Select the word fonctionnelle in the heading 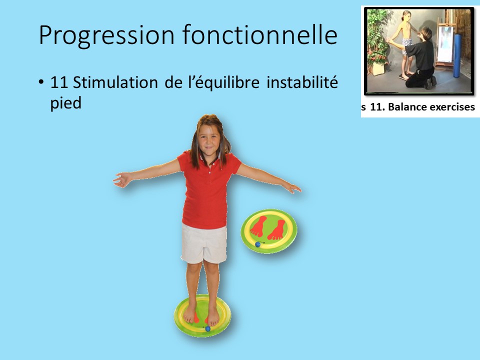[261, 35]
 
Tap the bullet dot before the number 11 [41, 82]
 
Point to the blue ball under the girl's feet [207, 328]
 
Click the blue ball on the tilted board [257, 244]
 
